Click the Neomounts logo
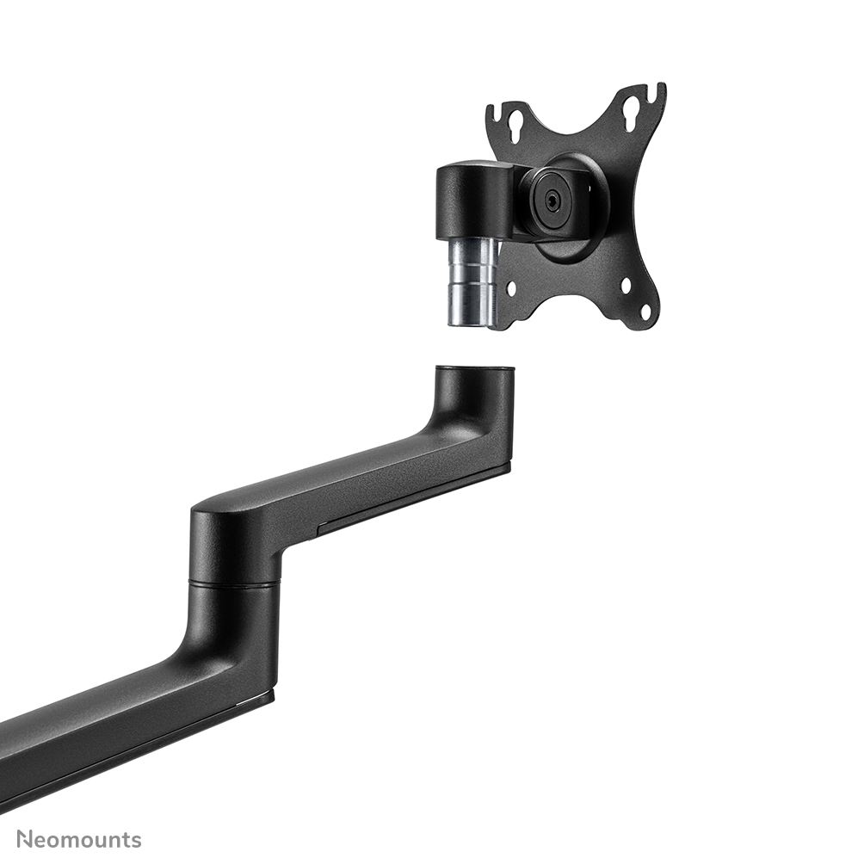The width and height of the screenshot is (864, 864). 78,839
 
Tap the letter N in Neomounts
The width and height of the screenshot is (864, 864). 26,839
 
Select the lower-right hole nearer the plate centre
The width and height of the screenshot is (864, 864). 626,284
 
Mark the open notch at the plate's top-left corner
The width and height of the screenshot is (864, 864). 495,109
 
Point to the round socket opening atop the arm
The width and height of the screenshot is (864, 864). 475,370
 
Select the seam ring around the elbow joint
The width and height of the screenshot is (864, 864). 234,584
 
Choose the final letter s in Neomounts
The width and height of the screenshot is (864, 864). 135,840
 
